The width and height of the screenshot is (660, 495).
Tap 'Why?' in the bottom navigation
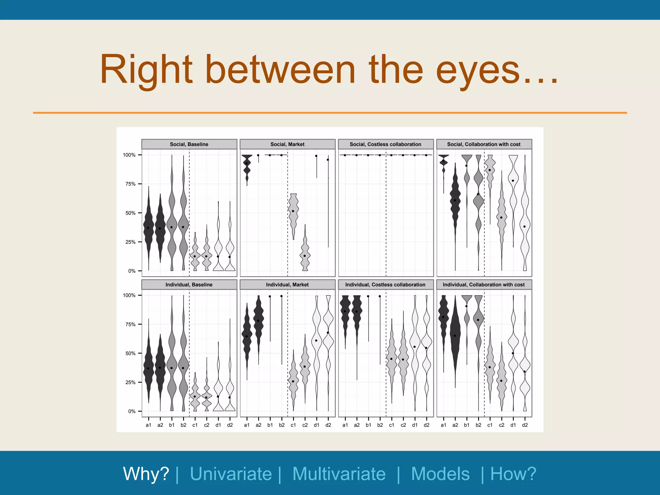coord(146,474)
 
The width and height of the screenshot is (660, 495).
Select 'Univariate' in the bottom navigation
coord(231,474)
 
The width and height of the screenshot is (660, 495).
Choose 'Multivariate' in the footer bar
coord(339,474)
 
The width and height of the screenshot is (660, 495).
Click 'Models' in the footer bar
coord(440,474)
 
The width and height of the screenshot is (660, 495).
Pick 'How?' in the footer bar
coord(513,474)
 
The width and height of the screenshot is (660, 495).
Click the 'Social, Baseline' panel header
coord(189,144)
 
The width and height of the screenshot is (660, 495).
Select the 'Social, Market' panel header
coord(287,144)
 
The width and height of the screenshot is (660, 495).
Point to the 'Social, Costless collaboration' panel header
coord(385,144)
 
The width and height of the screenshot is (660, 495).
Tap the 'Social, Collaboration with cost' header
coord(484,144)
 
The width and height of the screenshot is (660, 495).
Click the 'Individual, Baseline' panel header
coord(189,285)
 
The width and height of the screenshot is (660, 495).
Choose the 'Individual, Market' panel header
coord(287,285)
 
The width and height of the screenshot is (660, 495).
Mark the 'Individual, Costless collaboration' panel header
coord(385,285)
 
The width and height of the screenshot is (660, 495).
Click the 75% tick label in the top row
coord(131,184)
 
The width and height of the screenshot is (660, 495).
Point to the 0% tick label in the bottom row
coord(132,412)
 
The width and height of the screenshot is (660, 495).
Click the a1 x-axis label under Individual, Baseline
coord(149,425)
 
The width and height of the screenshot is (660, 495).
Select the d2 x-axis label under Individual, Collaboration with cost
coord(525,425)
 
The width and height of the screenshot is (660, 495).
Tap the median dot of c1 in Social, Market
coord(293,211)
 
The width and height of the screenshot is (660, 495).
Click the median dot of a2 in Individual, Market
coord(258,321)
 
